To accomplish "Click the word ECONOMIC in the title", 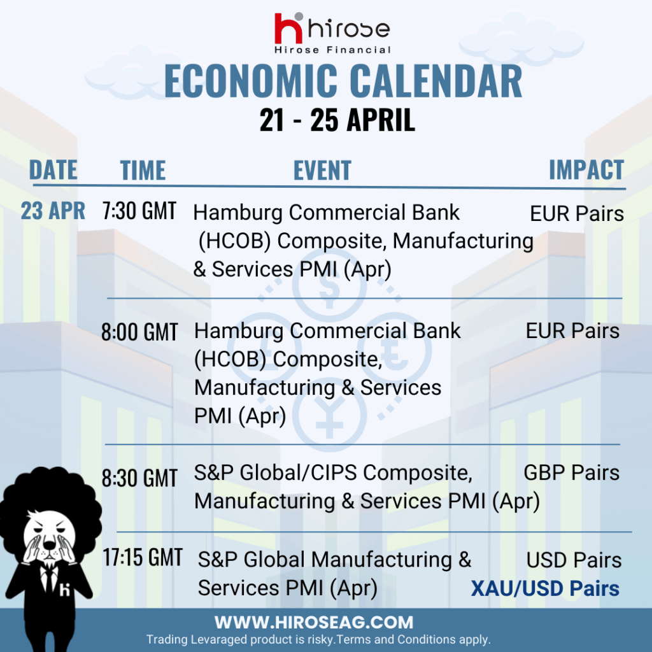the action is (x=251, y=81).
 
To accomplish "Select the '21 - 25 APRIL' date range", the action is (x=337, y=120).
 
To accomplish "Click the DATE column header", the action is (x=53, y=169).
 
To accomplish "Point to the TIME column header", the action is (x=143, y=170).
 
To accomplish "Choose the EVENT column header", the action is (x=322, y=170).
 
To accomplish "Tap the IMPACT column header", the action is (x=586, y=169).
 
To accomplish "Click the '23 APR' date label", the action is (x=53, y=210).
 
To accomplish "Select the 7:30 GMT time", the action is (x=139, y=210).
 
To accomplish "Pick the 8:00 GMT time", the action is (x=139, y=332).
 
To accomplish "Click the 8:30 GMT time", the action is (x=139, y=478).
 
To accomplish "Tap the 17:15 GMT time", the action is (x=143, y=557).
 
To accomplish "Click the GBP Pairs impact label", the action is (x=571, y=473).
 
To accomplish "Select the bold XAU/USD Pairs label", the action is (x=545, y=589).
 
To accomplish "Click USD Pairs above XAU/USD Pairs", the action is (x=574, y=560).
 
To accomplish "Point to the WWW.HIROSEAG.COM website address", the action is (x=314, y=623).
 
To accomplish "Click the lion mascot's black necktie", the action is (x=50, y=579).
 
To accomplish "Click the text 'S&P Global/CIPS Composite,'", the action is (x=333, y=473).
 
